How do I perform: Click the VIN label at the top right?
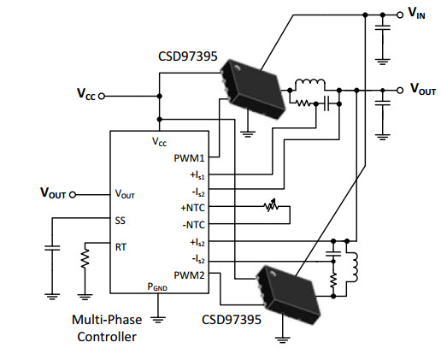tap(416, 13)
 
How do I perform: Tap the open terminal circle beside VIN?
tap(400, 15)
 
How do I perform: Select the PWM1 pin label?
tap(189, 158)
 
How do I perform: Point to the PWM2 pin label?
tap(189, 275)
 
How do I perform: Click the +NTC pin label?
tap(193, 208)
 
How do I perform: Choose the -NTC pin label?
tap(194, 225)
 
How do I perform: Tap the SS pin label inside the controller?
tap(120, 221)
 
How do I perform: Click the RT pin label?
tap(121, 247)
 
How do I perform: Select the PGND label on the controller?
tap(157, 286)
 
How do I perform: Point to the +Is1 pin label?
tap(197, 174)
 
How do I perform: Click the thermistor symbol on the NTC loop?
tap(271, 206)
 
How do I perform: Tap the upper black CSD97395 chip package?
tap(253, 89)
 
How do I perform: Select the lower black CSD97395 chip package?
tap(288, 295)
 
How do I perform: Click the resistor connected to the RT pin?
tap(85, 258)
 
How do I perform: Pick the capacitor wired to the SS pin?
tap(52, 247)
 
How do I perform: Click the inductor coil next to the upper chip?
tap(310, 82)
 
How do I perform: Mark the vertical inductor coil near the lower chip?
tap(354, 267)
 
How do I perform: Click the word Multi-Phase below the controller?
tap(107, 320)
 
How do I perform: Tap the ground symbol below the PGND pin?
tap(157, 319)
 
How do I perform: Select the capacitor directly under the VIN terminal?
tap(383, 27)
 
